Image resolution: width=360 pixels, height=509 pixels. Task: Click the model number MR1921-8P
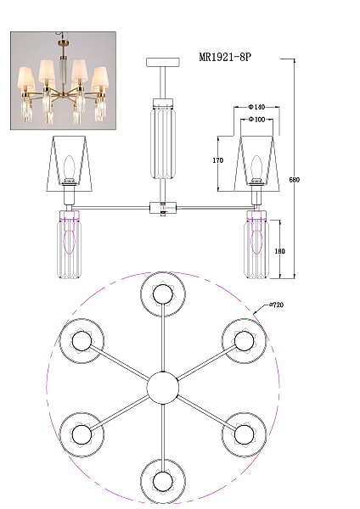tap(225, 57)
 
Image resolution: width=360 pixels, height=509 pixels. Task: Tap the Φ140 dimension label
tap(256, 107)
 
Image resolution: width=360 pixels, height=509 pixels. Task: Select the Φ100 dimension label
tap(256, 119)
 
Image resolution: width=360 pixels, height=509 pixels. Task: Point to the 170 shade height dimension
tap(218, 160)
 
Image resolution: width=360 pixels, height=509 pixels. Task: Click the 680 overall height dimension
tap(294, 180)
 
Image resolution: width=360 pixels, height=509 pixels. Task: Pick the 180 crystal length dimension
tap(279, 251)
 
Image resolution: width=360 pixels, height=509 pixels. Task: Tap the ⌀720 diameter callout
tap(276, 305)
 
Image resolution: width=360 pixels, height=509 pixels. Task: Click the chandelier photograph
tap(63, 81)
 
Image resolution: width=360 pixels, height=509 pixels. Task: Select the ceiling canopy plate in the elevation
tap(163, 62)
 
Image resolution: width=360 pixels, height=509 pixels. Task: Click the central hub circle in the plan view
tap(163, 388)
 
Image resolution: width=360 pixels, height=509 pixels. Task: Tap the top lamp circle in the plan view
tap(163, 294)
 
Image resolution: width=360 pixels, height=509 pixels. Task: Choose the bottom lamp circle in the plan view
tap(163, 481)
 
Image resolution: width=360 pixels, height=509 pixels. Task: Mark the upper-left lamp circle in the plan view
tap(82, 341)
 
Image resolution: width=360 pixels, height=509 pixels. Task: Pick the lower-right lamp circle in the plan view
tap(244, 434)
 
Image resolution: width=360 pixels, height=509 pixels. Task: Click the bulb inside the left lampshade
tap(69, 166)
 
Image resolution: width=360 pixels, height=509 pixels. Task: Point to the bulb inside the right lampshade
tap(256, 167)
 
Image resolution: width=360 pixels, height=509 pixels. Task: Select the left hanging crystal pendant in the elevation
tap(69, 245)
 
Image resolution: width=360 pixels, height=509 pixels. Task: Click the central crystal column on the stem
tap(163, 138)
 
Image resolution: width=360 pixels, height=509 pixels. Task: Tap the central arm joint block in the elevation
tap(163, 208)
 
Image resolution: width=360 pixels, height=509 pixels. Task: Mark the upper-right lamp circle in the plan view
tap(244, 341)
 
